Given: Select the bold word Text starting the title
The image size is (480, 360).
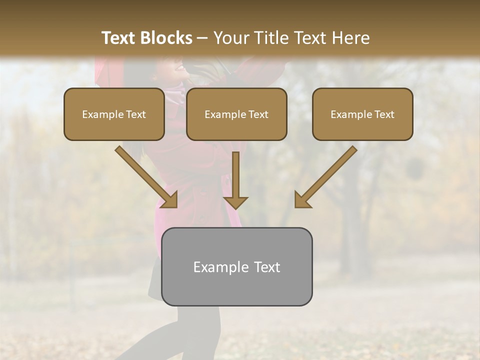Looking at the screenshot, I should [x=119, y=38].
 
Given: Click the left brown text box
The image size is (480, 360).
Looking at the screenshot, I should [x=114, y=114].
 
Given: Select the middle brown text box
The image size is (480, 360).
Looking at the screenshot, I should [x=236, y=114].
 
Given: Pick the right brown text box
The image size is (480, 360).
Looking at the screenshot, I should [x=362, y=114].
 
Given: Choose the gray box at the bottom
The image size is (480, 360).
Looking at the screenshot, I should [x=236, y=266].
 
